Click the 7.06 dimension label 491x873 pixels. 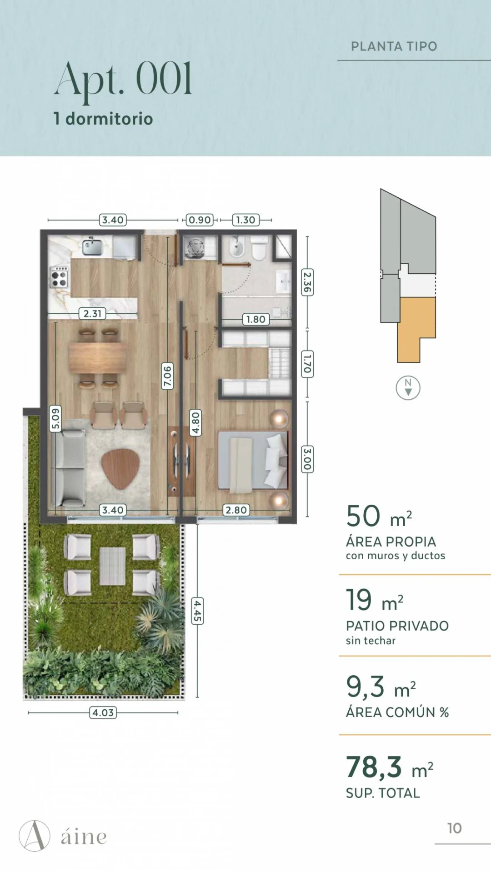168,376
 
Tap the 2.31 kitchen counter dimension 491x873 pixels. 92,313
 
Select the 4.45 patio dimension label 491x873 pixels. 197,611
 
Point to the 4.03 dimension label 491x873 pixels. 103,712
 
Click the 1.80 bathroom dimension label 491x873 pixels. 256,319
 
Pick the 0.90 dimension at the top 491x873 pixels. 200,220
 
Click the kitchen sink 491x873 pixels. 92,246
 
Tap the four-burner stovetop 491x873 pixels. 59,277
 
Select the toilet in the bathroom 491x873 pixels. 259,247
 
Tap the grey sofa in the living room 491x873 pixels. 69,468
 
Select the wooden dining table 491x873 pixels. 98,357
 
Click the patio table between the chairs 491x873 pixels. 112,566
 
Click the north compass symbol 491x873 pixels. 408,388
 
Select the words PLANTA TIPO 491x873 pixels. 394,46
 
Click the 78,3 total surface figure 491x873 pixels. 374,767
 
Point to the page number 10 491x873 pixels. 455,828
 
